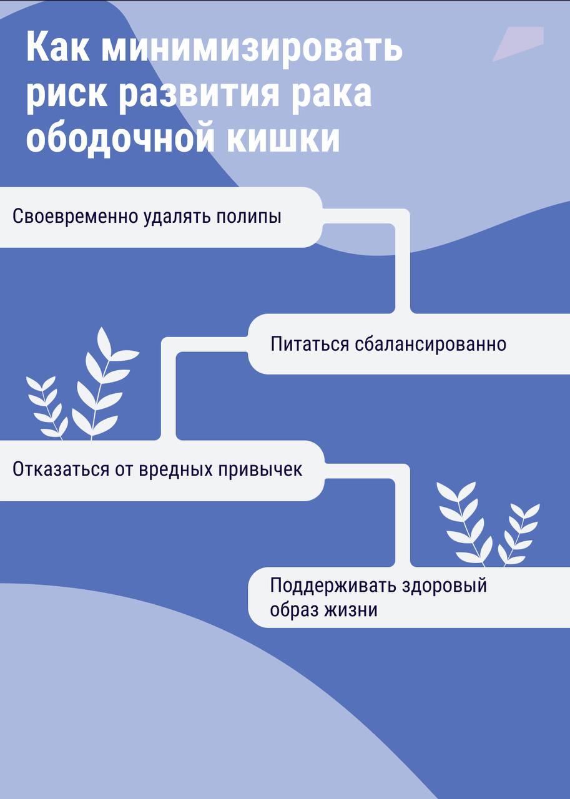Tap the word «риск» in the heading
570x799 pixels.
67,94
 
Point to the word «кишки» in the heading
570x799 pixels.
283,137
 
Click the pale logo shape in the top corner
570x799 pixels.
519,43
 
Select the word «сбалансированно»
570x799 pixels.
431,345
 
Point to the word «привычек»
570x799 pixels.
260,470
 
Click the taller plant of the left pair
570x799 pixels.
106,383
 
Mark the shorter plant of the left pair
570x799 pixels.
47,408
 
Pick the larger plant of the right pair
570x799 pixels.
464,524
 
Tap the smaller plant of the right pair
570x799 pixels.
519,534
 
